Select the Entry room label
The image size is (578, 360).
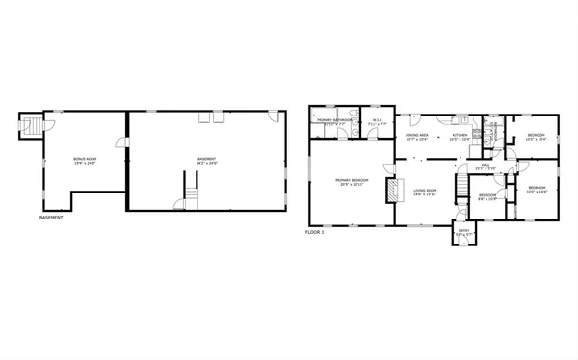point(462,234)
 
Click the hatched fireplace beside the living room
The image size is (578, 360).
point(390,191)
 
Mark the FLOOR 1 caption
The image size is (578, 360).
point(314,232)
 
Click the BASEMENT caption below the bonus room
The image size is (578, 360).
point(52,218)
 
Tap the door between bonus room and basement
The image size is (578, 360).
point(122,144)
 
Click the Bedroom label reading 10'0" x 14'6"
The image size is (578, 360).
point(537,190)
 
